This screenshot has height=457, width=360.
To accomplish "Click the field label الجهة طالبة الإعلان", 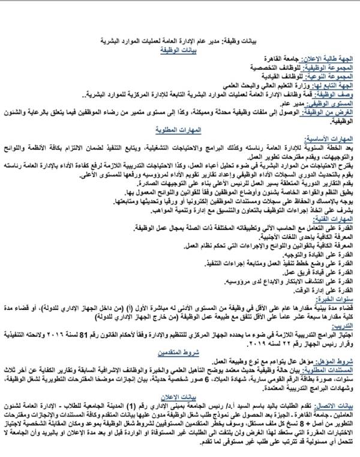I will coord(327,61).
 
